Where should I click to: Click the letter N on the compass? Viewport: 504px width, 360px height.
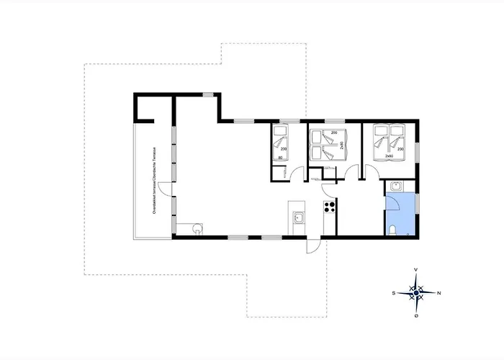point(438,293)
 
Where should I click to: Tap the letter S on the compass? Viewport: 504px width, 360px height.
point(394,293)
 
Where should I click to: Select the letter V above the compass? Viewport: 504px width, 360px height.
point(416,270)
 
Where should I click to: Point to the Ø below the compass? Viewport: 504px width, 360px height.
point(416,315)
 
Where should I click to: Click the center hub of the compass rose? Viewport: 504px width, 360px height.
point(416,292)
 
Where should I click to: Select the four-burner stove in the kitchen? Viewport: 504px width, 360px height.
point(330,207)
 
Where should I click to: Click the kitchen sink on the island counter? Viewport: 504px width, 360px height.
point(299,215)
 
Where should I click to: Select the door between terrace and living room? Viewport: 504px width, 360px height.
point(166,189)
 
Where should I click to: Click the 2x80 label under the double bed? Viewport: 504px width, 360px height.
point(390,156)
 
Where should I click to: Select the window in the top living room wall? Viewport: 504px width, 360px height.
point(207,94)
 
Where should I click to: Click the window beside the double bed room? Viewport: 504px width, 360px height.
point(416,152)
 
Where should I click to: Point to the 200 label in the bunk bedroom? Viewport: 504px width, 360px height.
point(334,134)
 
